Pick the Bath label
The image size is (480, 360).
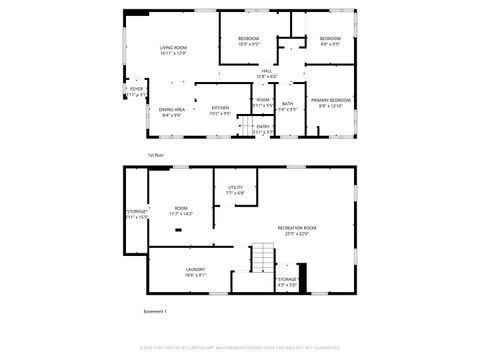point(287,106)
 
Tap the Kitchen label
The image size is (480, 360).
point(220,110)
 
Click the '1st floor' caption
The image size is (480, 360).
point(156,156)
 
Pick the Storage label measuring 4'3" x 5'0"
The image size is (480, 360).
point(287,282)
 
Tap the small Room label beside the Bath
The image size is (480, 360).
point(263,102)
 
